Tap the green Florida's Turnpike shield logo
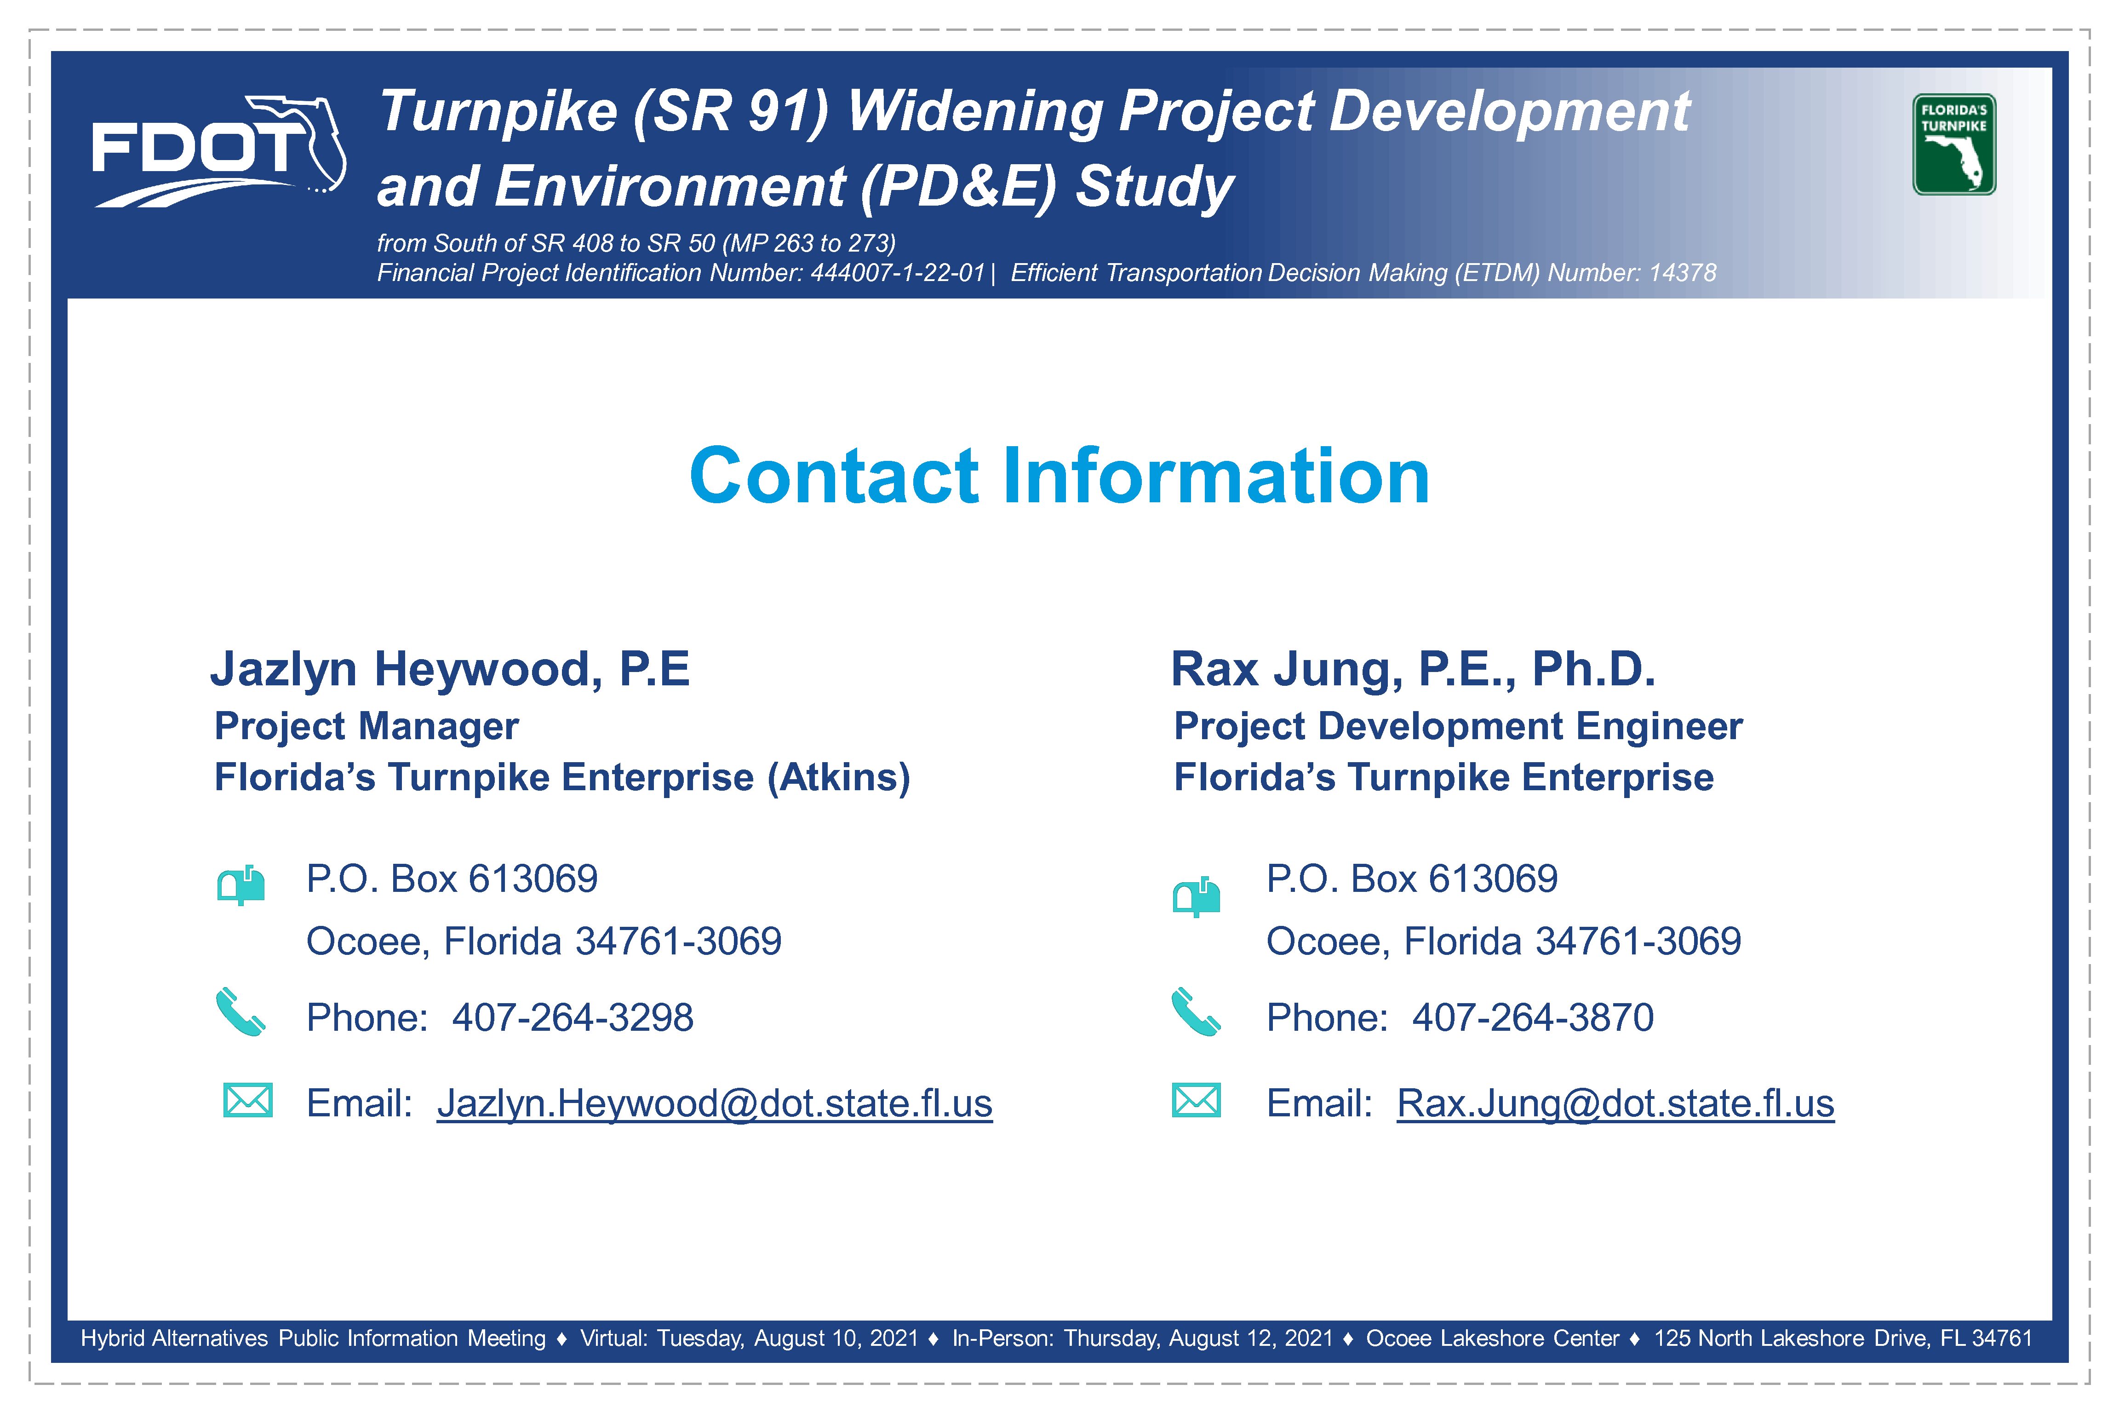[1954, 144]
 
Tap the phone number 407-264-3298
[573, 1017]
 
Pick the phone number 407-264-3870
[1533, 1017]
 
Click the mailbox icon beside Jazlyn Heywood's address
[241, 885]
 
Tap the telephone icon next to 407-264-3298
[241, 1013]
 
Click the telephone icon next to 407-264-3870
[1196, 1013]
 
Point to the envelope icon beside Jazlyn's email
[248, 1100]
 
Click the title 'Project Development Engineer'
[1458, 726]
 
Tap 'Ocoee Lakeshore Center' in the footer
[1493, 1338]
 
